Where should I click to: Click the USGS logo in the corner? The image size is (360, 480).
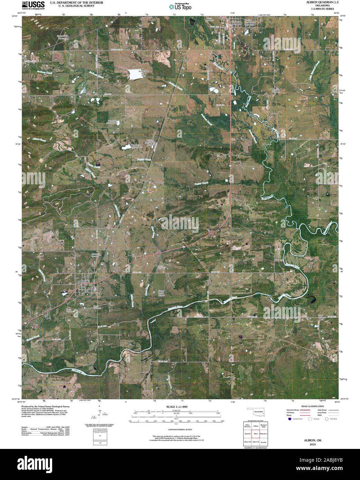[33, 5]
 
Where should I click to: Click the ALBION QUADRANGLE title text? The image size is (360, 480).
[317, 2]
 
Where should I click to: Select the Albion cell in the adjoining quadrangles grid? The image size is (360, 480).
[256, 433]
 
